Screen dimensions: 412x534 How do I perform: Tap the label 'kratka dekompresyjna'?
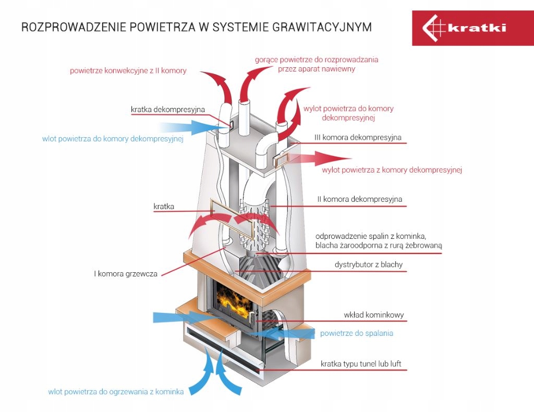pos(167,110)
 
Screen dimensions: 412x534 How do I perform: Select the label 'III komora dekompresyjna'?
pos(358,138)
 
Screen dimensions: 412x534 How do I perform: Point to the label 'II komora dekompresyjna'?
pos(360,199)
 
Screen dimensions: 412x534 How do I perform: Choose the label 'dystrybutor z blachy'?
pos(368,264)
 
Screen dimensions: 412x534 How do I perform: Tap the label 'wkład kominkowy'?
pos(374,315)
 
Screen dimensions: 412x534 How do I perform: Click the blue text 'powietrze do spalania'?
pos(357,333)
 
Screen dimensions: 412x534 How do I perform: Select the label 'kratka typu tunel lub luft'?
pos(361,363)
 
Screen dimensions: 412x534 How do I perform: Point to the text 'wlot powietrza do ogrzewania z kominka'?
pos(116,391)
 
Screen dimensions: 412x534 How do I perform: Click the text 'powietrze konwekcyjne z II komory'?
pos(128,70)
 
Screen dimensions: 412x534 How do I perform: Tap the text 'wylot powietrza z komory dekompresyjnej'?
pos(392,169)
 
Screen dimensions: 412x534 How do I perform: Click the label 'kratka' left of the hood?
pos(164,207)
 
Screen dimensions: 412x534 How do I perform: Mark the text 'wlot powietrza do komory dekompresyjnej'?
pos(113,139)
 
